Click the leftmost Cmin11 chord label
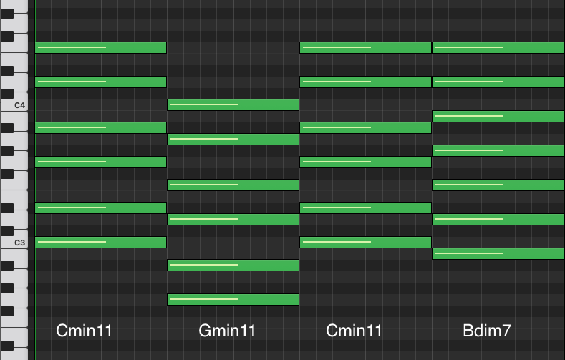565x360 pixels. (84, 331)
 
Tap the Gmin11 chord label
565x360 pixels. (226, 331)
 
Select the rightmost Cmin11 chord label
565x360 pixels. (354, 331)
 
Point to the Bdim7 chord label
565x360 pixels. (487, 331)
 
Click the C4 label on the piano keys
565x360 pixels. (19, 105)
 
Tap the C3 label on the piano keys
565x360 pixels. (19, 243)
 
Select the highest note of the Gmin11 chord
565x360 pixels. (233, 105)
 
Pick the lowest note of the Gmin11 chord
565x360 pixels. (233, 299)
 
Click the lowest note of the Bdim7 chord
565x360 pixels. (498, 253)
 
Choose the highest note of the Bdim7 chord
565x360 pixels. (498, 48)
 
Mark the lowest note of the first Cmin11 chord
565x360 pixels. (100, 242)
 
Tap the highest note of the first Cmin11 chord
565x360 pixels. (100, 48)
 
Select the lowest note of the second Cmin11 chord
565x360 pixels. (365, 242)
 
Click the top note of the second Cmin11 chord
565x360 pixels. (365, 48)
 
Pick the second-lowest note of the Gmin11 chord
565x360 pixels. (233, 265)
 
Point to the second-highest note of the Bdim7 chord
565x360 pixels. (498, 82)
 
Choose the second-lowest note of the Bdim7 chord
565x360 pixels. (498, 219)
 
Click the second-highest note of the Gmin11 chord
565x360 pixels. (233, 139)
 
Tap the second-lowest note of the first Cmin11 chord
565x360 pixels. (100, 208)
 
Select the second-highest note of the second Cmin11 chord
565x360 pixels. (365, 82)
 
